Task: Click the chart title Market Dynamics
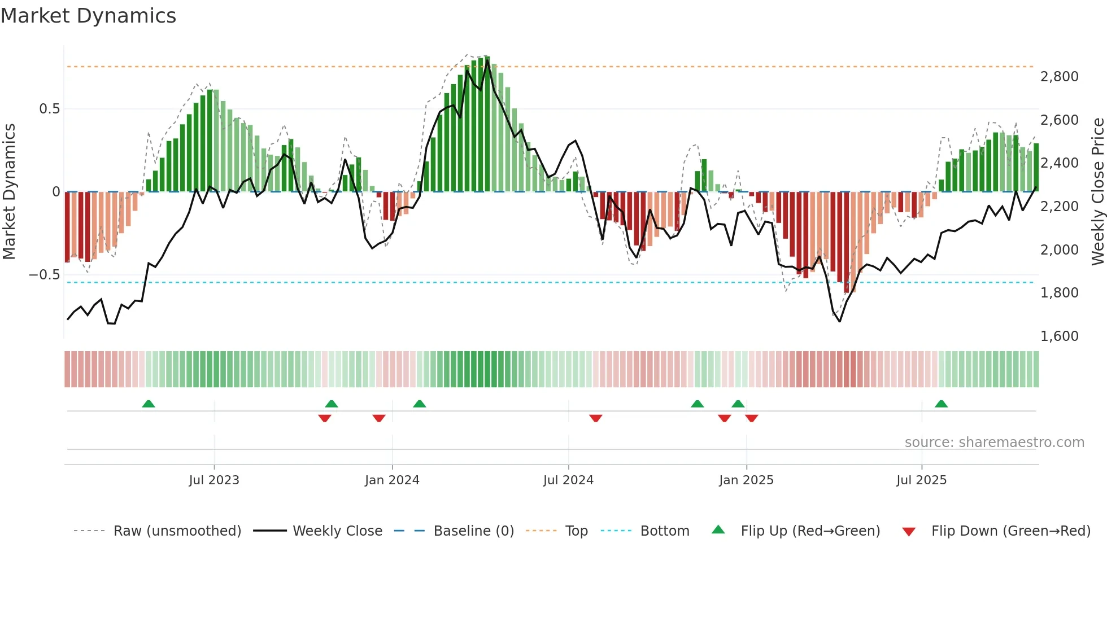[x=88, y=16]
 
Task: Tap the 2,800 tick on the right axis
[x=1059, y=76]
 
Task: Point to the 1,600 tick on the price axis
[x=1059, y=336]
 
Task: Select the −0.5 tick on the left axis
[x=44, y=275]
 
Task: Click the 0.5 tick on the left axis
[x=49, y=108]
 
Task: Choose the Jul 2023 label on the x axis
[x=214, y=480]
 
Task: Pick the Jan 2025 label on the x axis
[x=746, y=480]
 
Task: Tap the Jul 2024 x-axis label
[x=568, y=480]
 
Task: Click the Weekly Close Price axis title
[x=1097, y=191]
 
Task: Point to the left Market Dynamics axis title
[x=9, y=191]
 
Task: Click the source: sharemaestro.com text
[x=994, y=443]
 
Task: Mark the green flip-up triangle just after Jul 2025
[x=941, y=404]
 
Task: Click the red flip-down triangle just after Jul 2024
[x=595, y=418]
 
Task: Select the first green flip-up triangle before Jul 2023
[x=149, y=404]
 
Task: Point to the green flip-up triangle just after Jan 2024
[x=419, y=404]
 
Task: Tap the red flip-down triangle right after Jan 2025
[x=751, y=418]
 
